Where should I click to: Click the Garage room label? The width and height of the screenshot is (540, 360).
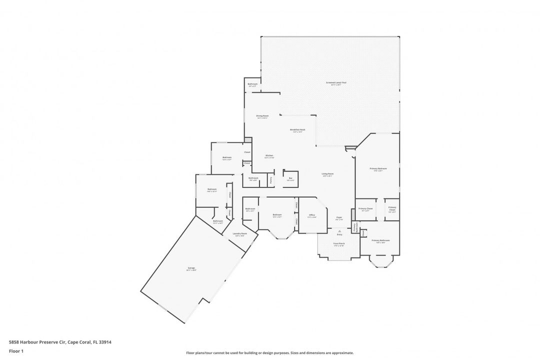191,268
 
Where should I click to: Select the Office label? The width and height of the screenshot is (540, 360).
311,216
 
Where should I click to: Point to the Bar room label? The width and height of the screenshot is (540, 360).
290,178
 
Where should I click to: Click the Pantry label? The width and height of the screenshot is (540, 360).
271,179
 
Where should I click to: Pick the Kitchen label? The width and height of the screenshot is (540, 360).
269,156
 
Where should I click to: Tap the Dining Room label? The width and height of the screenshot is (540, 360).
262,116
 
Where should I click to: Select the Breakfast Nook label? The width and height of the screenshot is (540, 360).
298,130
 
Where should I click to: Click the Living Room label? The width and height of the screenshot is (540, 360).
327,174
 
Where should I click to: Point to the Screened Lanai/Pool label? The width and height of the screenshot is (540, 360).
336,83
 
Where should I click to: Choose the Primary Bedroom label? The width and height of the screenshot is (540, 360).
378,169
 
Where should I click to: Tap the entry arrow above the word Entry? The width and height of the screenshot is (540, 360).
339,230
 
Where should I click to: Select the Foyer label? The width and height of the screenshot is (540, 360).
339,218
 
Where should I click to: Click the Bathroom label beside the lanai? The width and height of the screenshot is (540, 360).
252,84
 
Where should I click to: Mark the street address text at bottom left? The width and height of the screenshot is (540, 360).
60,342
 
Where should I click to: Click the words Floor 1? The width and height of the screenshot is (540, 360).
16,351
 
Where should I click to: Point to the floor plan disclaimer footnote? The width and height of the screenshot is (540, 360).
269,352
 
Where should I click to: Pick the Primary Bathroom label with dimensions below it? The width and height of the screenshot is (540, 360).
380,241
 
